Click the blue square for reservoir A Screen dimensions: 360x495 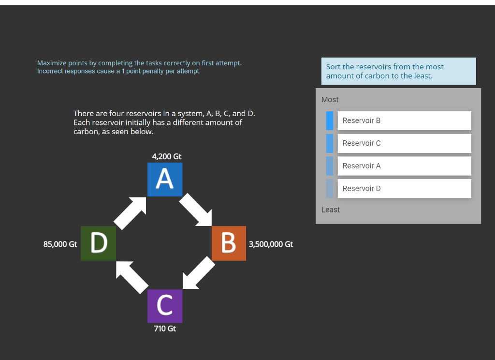coord(165,180)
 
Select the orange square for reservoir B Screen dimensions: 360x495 coord(229,243)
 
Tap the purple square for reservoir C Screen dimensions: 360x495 coord(165,306)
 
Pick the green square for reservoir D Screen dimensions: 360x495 coord(99,243)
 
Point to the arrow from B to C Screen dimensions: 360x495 coord(198,273)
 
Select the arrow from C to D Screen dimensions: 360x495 coord(131,276)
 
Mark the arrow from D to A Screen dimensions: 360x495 coord(131,212)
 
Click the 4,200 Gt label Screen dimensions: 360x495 coord(167,156)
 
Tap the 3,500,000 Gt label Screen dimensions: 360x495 coord(271,244)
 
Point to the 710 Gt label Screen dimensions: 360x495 coord(165,329)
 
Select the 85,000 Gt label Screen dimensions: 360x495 coord(60,244)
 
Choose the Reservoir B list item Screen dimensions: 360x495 coord(404,120)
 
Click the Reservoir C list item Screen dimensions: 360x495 coord(404,143)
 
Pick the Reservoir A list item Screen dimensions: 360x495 coord(404,166)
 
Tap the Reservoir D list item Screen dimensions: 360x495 coord(404,189)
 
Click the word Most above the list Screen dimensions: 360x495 coord(330,100)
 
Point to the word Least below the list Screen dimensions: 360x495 coord(331,210)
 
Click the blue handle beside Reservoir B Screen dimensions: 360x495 coord(330,120)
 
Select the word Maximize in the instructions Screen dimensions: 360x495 coord(52,63)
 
